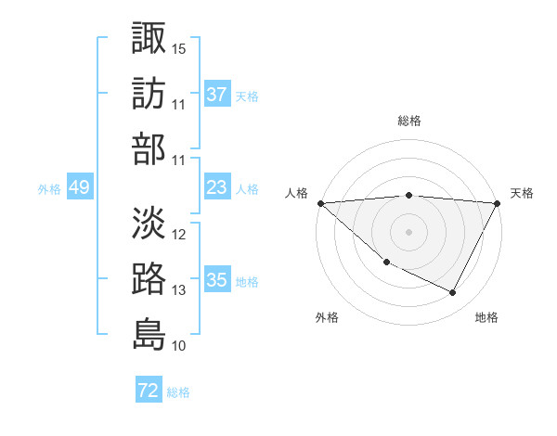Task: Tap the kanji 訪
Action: pos(149,93)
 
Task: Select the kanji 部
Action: pos(149,148)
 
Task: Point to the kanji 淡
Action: pos(149,223)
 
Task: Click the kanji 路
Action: pos(149,278)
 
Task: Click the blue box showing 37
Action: pos(216,95)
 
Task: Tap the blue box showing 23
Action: pos(216,187)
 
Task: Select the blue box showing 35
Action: pos(216,280)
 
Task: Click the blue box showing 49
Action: pos(79,187)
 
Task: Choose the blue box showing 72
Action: pos(149,391)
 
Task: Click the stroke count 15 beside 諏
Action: pos(179,47)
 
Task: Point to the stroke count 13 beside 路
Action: pos(179,290)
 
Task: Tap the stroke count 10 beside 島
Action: pos(179,346)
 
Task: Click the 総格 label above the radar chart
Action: pos(409,121)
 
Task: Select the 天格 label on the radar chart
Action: pos(522,193)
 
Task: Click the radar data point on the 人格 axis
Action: pos(320,203)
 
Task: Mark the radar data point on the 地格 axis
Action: pos(453,293)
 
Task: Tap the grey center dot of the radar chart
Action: pos(409,232)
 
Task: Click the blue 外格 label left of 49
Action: pos(49,188)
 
